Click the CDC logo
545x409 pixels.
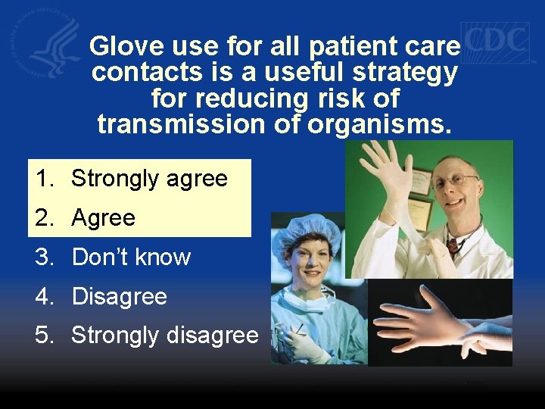[x=495, y=41]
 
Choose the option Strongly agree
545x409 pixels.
[x=149, y=179]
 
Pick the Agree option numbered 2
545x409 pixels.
[x=103, y=218]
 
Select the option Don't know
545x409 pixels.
[x=131, y=258]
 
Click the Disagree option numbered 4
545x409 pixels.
[x=119, y=296]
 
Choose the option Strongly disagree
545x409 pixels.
[x=164, y=335]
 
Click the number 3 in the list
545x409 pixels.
[x=43, y=258]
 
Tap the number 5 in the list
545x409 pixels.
[x=43, y=335]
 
